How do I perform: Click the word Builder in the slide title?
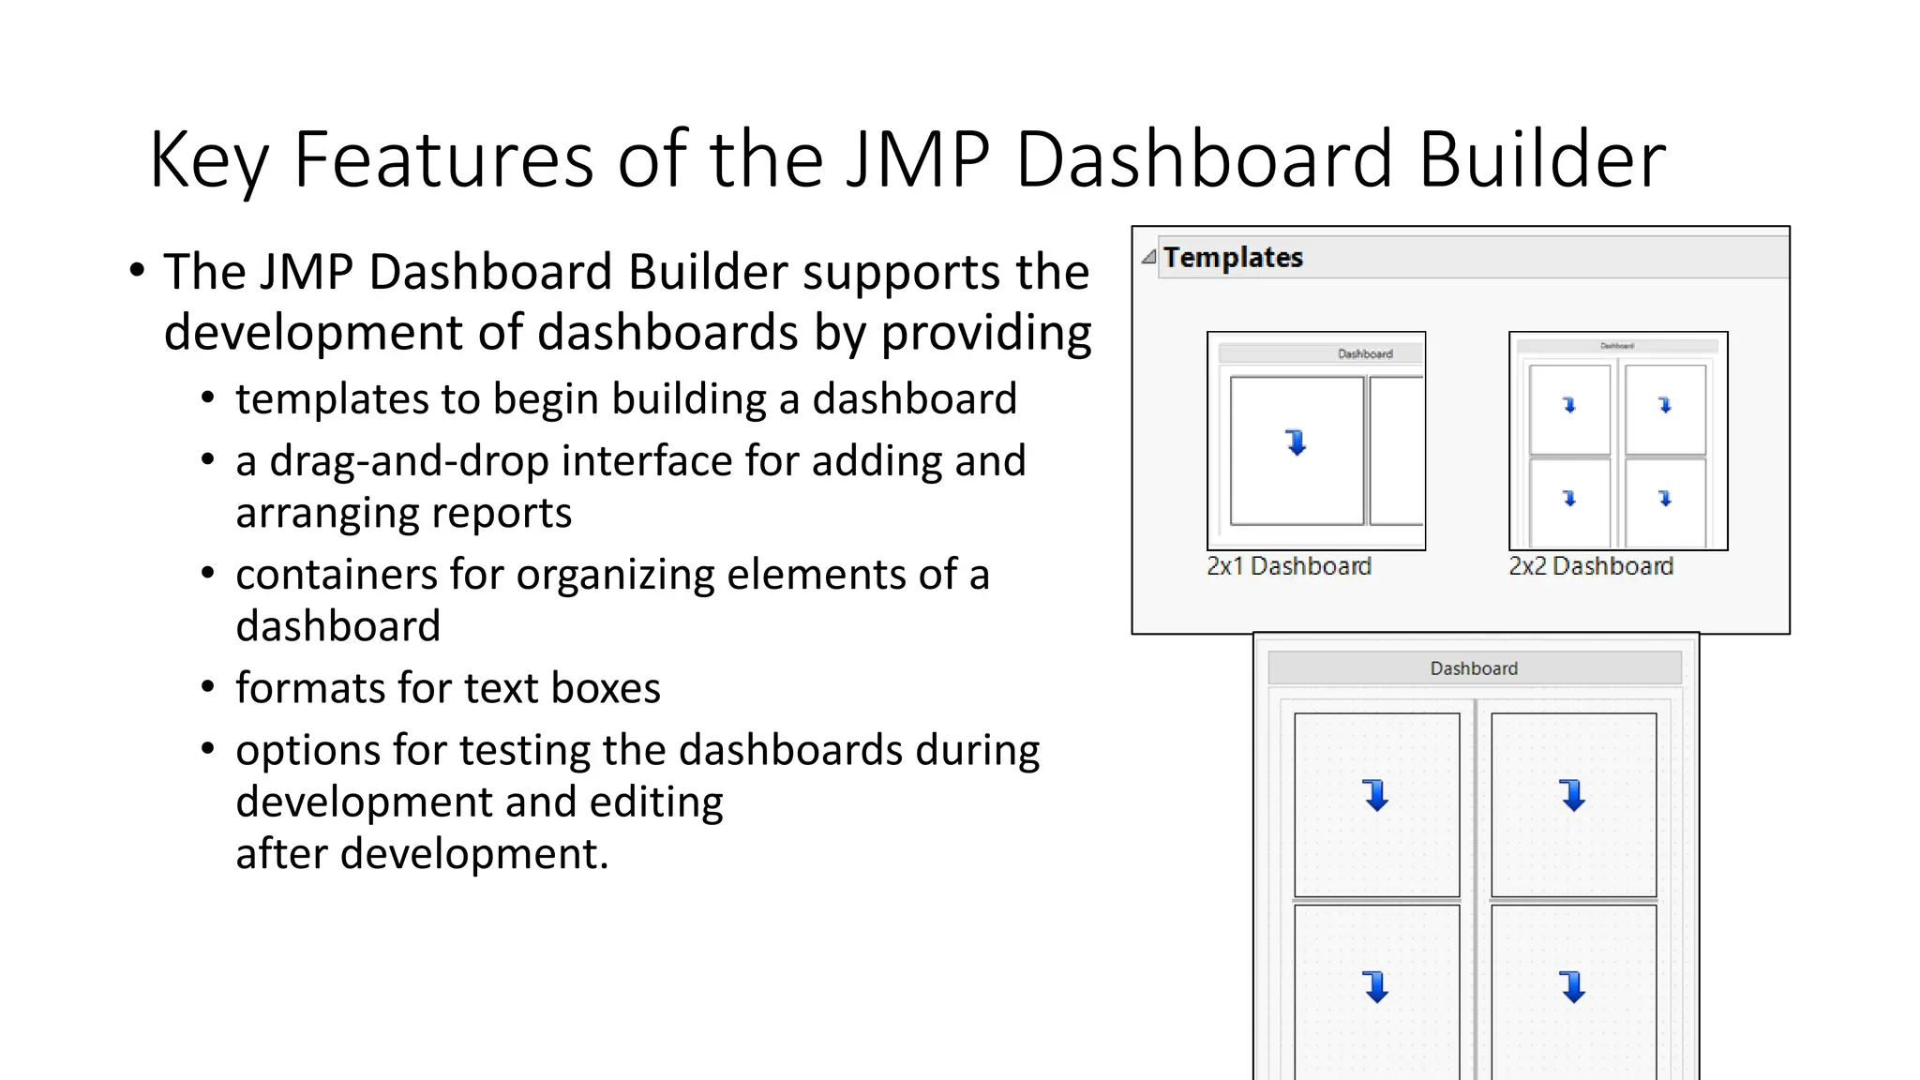(x=1541, y=159)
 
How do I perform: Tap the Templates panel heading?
(x=1233, y=257)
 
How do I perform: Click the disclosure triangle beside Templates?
(x=1148, y=257)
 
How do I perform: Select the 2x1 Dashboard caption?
(x=1289, y=566)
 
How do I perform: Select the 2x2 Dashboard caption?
(x=1591, y=566)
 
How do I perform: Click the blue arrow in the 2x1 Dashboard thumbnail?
(x=1297, y=442)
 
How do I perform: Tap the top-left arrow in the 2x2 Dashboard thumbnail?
(x=1569, y=405)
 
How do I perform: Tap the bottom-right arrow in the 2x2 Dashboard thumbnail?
(x=1665, y=498)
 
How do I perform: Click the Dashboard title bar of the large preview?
(x=1474, y=668)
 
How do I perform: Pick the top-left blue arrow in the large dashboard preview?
(x=1376, y=795)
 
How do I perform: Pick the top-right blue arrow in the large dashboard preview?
(x=1573, y=795)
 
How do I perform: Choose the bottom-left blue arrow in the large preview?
(x=1376, y=986)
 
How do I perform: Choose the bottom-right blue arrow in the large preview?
(x=1573, y=986)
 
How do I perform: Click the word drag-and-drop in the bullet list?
(x=409, y=461)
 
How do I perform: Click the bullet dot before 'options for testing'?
(x=208, y=749)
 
